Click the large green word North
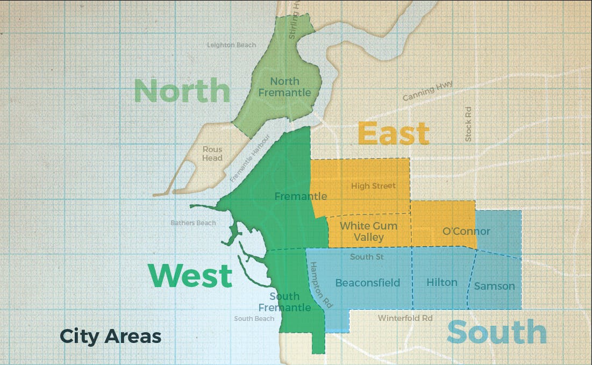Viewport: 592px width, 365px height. (182, 91)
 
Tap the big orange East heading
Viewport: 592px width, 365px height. (394, 133)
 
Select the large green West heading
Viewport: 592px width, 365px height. (190, 276)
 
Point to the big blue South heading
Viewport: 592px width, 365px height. (496, 332)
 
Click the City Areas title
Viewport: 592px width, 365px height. (110, 337)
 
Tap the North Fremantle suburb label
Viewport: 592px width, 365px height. (284, 87)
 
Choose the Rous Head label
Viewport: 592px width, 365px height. (212, 154)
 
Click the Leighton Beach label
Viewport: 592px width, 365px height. (232, 45)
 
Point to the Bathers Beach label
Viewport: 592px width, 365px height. (193, 223)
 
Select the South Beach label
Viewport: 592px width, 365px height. (254, 319)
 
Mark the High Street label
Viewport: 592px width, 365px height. (373, 186)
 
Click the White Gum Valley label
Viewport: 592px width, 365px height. (369, 231)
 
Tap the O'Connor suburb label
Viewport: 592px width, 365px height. (466, 232)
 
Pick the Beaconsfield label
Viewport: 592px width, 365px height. (368, 283)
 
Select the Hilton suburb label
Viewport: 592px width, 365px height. (442, 282)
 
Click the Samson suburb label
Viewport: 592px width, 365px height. (494, 286)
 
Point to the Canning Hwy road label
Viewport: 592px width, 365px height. (428, 91)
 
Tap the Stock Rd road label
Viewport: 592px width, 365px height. (468, 124)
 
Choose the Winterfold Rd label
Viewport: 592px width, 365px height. (405, 318)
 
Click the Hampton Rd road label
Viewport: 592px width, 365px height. (320, 284)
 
